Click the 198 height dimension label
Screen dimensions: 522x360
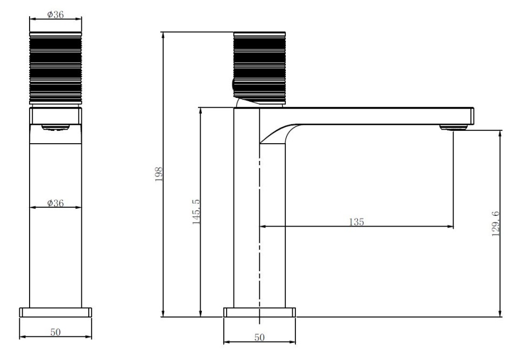(x=159, y=174)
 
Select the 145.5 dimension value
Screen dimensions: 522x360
(x=196, y=212)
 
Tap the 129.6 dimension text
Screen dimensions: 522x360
(x=496, y=224)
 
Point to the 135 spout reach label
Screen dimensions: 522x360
(x=356, y=222)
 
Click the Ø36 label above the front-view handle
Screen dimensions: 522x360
(x=55, y=15)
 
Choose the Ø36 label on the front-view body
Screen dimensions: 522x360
(x=55, y=203)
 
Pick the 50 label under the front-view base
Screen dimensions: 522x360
(x=55, y=332)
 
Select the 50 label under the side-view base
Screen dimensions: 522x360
(x=259, y=337)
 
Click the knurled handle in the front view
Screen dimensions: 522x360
(x=55, y=68)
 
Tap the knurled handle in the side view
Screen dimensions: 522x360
(x=259, y=68)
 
